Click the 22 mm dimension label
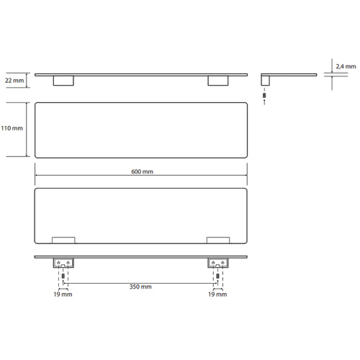tap(14, 81)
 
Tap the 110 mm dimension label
tap(12, 128)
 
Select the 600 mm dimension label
tap(142, 171)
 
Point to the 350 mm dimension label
tap(140, 287)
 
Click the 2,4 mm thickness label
tap(346, 66)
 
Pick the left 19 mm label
tap(63, 294)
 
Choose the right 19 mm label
tap(217, 294)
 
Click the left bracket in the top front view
tap(63, 81)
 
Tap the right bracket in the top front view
tap(218, 81)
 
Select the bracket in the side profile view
tap(266, 81)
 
